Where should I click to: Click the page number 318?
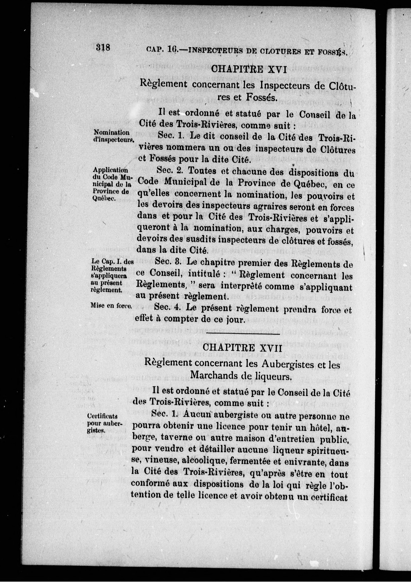(103, 47)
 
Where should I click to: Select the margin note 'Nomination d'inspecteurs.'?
(112, 136)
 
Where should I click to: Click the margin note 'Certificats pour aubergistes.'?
(104, 423)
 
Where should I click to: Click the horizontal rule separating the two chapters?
(243, 334)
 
